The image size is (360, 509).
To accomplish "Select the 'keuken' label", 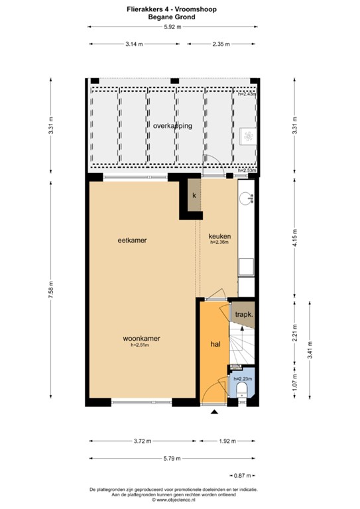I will point(219,236).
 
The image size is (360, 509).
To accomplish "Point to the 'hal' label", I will point(215,345).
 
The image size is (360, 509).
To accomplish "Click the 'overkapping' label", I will point(172,125).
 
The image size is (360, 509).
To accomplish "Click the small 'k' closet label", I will point(194,196).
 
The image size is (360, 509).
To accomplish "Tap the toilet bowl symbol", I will point(241,388).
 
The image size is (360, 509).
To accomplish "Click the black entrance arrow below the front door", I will point(214,413).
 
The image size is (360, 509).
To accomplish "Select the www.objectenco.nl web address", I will point(174,499).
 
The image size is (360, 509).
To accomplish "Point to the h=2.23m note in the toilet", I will point(241,378).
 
